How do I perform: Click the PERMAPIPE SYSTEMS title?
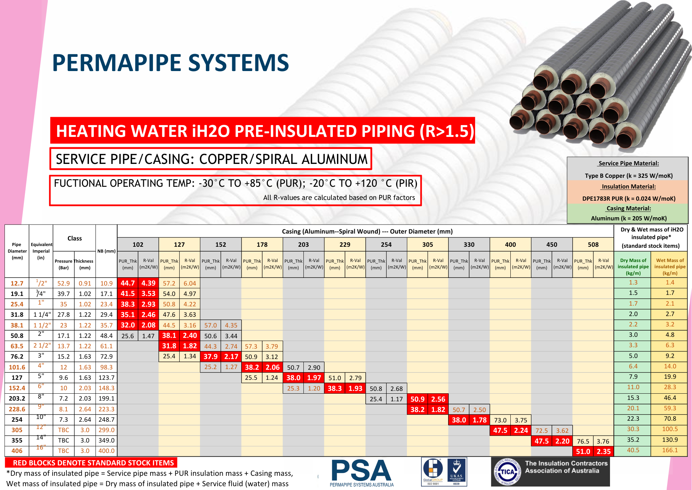[170, 63]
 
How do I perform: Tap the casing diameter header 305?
[428, 245]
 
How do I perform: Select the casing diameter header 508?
[593, 245]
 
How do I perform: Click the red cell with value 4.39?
[148, 283]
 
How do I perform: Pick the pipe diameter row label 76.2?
[17, 357]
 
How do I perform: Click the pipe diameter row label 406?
[17, 451]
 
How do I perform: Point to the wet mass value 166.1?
[670, 450]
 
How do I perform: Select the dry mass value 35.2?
[633, 440]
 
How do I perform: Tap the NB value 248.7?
[106, 420]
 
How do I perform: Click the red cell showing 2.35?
[603, 452]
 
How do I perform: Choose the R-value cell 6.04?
[190, 283]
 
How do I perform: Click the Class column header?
[74, 238]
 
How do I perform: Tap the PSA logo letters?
[361, 471]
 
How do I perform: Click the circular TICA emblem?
[507, 472]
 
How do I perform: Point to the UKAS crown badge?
[457, 471]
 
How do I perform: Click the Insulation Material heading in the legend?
[628, 186]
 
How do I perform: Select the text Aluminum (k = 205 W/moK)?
[628, 218]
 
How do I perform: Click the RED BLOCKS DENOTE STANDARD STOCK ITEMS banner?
[91, 463]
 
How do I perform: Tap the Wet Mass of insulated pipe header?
[670, 266]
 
